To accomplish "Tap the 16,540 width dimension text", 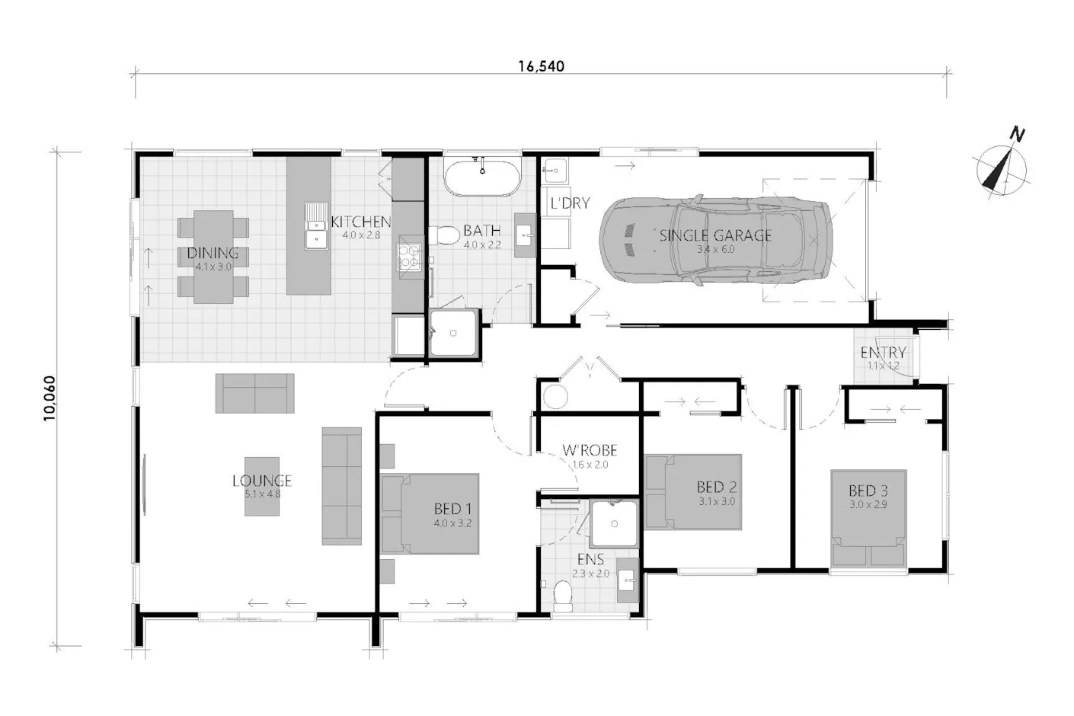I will tap(541, 66).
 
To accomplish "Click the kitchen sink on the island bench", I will tap(316, 226).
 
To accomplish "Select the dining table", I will tap(213, 257).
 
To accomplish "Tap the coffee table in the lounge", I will tap(261, 486).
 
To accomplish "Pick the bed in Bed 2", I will tap(694, 492).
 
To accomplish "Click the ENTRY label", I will tap(883, 353).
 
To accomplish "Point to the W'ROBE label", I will tap(590, 451).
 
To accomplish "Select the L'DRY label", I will tap(570, 203).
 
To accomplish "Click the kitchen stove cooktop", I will tap(409, 257).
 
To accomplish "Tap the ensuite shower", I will tap(614, 523).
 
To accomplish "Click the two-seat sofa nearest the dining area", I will tap(254, 393).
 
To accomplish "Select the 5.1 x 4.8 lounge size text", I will tap(263, 494).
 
